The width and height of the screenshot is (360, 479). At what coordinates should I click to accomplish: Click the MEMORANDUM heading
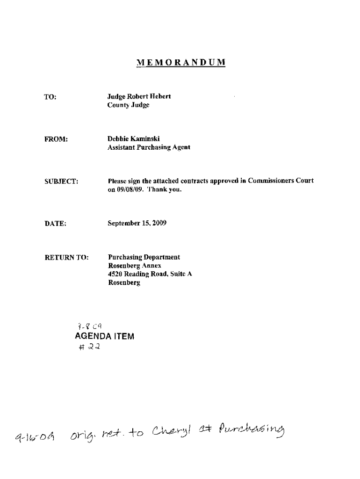(x=181, y=63)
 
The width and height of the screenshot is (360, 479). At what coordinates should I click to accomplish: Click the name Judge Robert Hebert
(x=139, y=96)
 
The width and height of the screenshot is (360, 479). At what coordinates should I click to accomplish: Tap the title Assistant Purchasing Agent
(x=149, y=147)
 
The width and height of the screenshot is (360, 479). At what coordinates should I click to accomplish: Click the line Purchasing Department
(x=144, y=257)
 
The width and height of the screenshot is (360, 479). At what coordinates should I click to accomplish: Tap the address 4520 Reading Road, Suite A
(x=150, y=274)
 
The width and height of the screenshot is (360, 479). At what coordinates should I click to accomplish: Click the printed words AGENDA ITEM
(x=104, y=336)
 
